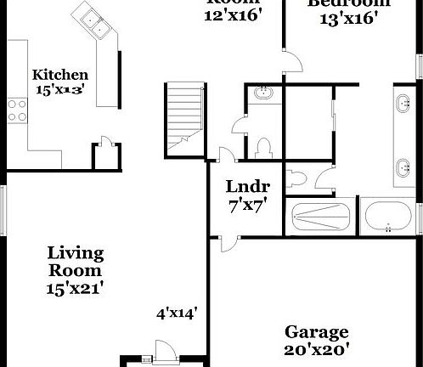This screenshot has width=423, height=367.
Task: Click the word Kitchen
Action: (x=60, y=75)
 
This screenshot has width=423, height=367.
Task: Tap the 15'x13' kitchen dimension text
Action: (x=60, y=88)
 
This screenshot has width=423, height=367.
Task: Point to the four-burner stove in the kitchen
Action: (x=16, y=108)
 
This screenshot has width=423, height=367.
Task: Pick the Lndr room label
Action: (x=247, y=187)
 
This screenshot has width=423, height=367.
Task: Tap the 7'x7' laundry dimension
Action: (x=247, y=205)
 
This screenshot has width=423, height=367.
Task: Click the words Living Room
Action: (x=75, y=263)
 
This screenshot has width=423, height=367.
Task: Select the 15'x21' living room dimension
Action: (x=75, y=287)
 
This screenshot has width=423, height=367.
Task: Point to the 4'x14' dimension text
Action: (x=177, y=313)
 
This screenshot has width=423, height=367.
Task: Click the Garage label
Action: (x=316, y=331)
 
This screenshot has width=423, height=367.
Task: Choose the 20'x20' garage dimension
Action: (x=316, y=348)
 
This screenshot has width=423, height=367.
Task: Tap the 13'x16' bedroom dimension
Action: (x=348, y=19)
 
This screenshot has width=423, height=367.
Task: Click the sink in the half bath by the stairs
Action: (x=262, y=93)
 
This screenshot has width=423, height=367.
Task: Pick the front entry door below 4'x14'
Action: (x=159, y=351)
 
